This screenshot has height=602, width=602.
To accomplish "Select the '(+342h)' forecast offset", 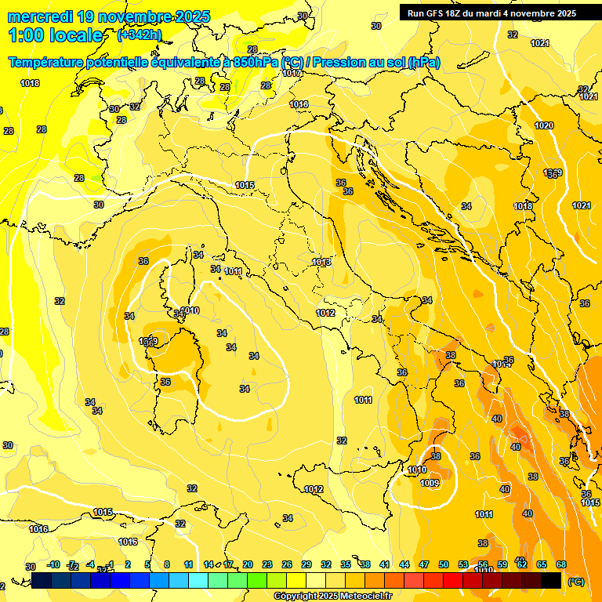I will click(140, 34).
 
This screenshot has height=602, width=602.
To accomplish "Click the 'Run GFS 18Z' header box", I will click(489, 13).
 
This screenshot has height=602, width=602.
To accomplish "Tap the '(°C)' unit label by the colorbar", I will click(575, 582).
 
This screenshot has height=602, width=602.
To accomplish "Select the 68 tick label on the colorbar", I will click(560, 564).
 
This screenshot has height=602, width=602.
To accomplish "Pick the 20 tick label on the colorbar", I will click(248, 564).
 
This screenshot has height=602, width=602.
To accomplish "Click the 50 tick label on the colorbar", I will click(444, 564).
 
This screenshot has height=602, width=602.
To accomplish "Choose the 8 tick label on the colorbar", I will click(167, 564).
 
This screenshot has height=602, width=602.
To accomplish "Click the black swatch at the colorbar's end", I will click(551, 580).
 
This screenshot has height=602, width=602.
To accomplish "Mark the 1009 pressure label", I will click(430, 484).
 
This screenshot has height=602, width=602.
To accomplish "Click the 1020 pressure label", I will click(544, 126).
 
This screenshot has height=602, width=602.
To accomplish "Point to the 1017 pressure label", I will click(292, 73).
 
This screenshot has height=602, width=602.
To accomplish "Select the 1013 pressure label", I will click(321, 262).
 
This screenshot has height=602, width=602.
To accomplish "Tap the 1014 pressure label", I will click(502, 364).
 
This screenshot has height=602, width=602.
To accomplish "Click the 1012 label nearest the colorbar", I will click(314, 489).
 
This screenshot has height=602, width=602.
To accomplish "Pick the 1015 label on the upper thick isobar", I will click(245, 185).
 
